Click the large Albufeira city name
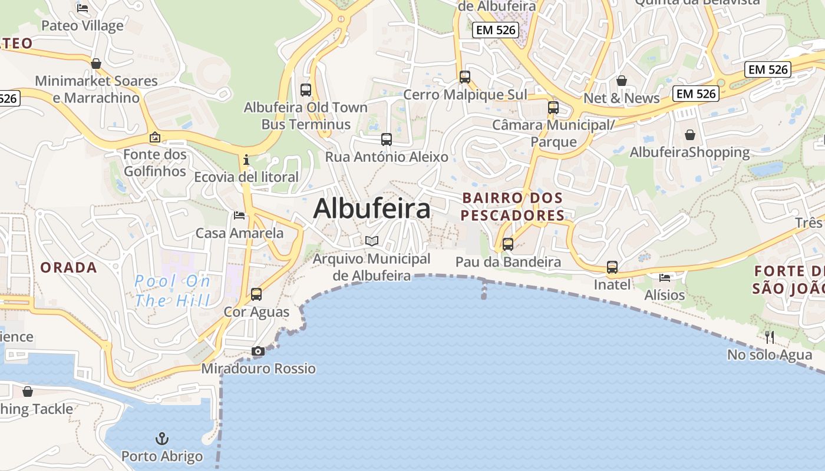pyautogui.click(x=372, y=209)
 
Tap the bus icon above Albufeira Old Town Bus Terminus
pyautogui.click(x=305, y=90)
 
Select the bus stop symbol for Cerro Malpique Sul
pyautogui.click(x=464, y=77)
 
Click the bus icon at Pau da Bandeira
pyautogui.click(x=507, y=244)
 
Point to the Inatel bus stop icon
pyautogui.click(x=612, y=267)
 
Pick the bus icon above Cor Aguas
pyautogui.click(x=256, y=294)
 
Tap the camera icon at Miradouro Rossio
pyautogui.click(x=258, y=351)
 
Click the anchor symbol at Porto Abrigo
pyautogui.click(x=161, y=439)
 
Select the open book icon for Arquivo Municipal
pyautogui.click(x=371, y=241)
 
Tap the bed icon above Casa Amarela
pyautogui.click(x=239, y=215)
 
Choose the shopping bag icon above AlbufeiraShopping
pyautogui.click(x=690, y=135)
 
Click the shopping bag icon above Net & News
pyautogui.click(x=621, y=81)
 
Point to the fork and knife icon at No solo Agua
pyautogui.click(x=770, y=337)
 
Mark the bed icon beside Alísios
pyautogui.click(x=665, y=277)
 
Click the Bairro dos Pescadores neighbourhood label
pyautogui.click(x=513, y=207)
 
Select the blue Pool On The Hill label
pyautogui.click(x=172, y=291)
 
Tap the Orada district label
pyautogui.click(x=68, y=267)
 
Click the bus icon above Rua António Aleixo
pyautogui.click(x=386, y=140)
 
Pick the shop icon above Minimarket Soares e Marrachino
pyautogui.click(x=96, y=64)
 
